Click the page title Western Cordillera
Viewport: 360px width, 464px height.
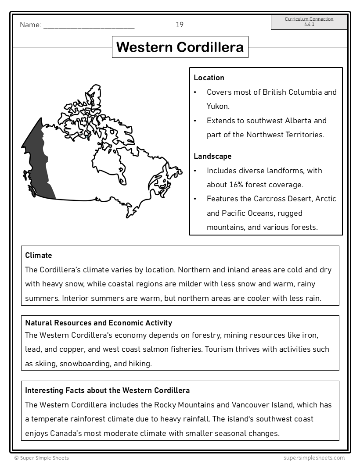(180, 47)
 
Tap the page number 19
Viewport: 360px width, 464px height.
(180, 25)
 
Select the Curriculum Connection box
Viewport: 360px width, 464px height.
(309, 22)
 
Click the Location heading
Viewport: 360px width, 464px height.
(209, 78)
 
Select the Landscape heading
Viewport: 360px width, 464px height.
(212, 156)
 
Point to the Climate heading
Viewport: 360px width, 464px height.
(39, 255)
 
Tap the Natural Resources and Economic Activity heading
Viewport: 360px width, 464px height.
(98, 323)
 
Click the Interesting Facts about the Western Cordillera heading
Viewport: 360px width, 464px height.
(107, 390)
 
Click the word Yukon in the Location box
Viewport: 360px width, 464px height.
(218, 106)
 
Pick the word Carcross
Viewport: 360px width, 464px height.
(270, 199)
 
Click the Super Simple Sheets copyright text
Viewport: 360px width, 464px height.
(42, 458)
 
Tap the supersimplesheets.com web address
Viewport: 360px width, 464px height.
(314, 458)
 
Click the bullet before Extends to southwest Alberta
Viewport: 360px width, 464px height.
(195, 121)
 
